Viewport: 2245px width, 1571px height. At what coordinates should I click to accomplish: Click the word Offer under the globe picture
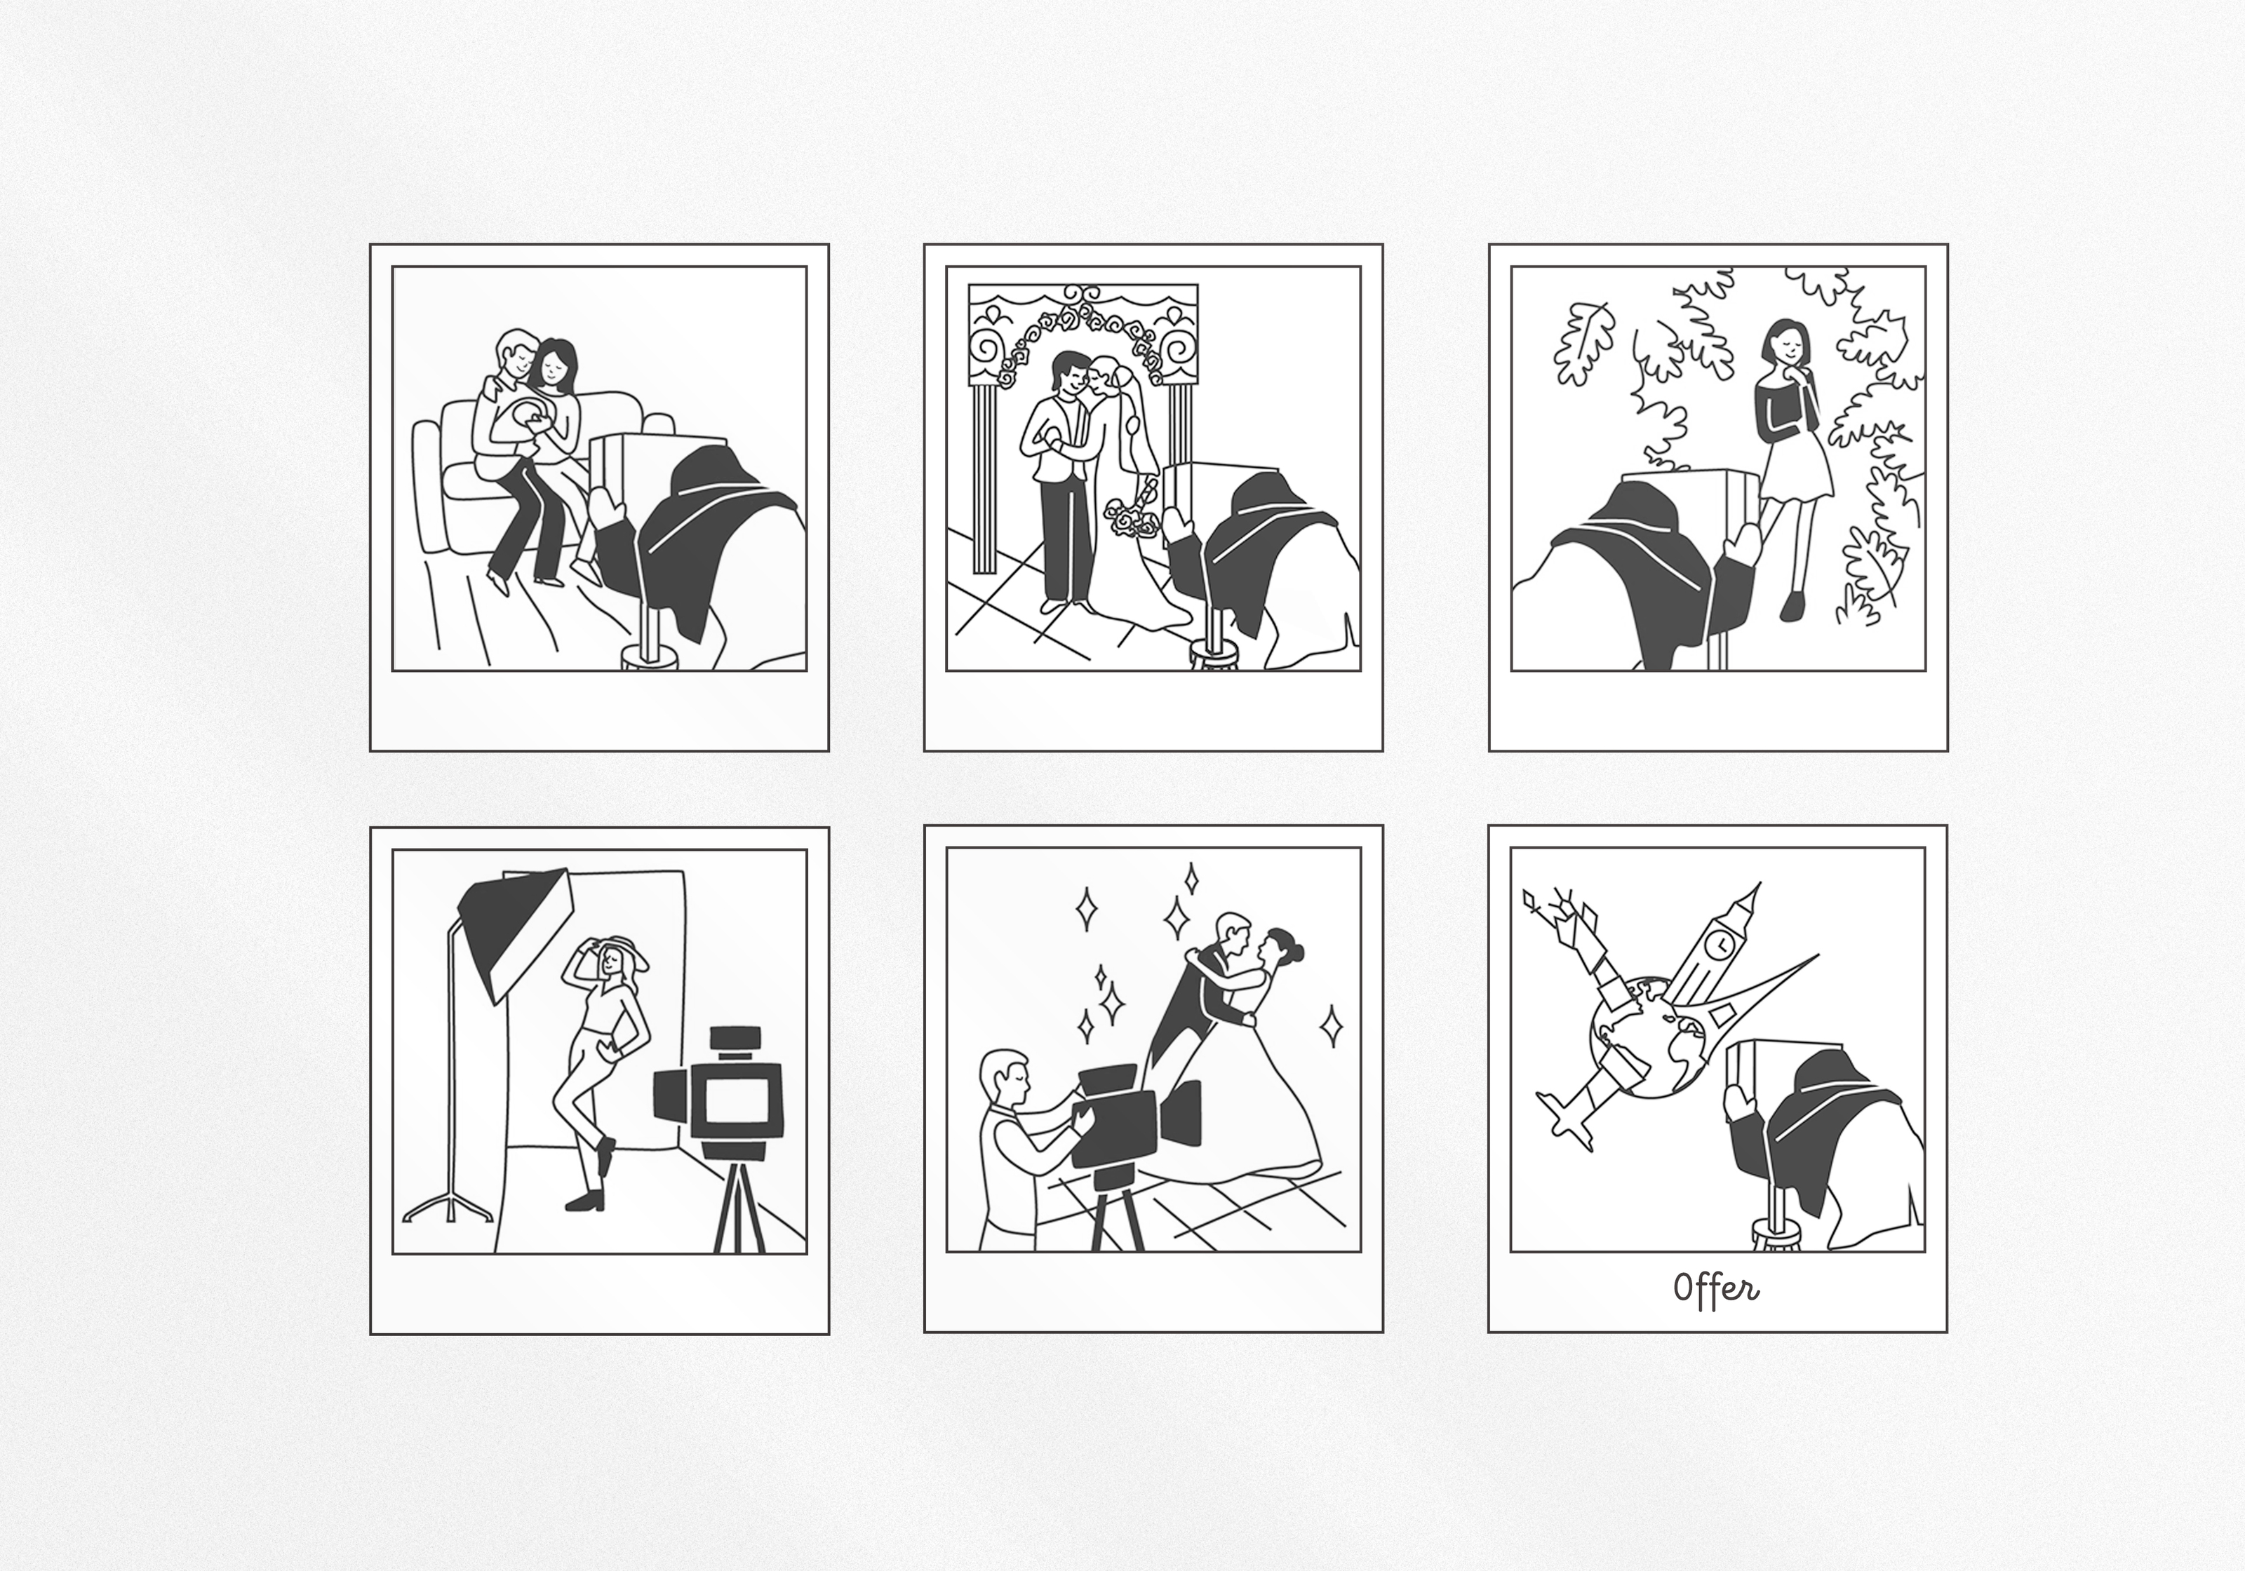point(1716,1288)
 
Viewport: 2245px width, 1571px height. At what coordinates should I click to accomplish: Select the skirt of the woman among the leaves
point(1796,473)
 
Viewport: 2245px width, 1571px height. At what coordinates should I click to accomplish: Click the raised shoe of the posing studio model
point(605,1157)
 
